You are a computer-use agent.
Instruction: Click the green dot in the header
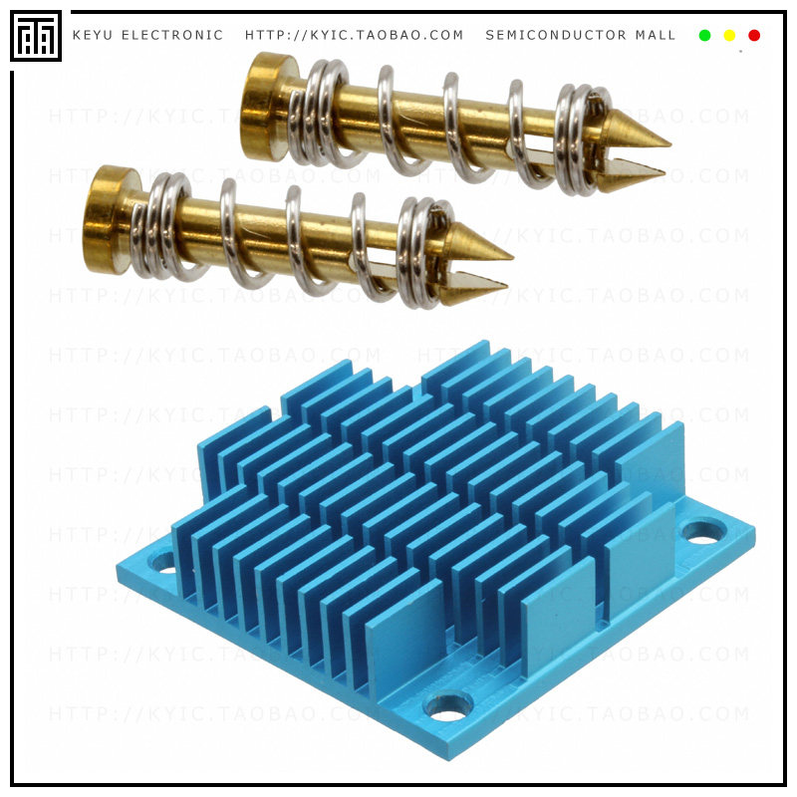pos(704,36)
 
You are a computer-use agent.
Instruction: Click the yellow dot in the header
pos(729,36)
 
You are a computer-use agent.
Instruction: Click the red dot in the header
pos(754,36)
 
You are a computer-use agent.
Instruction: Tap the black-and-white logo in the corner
pos(36,37)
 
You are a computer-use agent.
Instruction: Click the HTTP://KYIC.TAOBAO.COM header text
pos(355,36)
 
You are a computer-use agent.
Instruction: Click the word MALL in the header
pos(656,36)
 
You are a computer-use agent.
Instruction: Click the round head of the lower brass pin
pos(106,219)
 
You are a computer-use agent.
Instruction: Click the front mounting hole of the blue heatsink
pos(448,707)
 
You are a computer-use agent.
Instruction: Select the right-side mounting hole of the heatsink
pos(703,533)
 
